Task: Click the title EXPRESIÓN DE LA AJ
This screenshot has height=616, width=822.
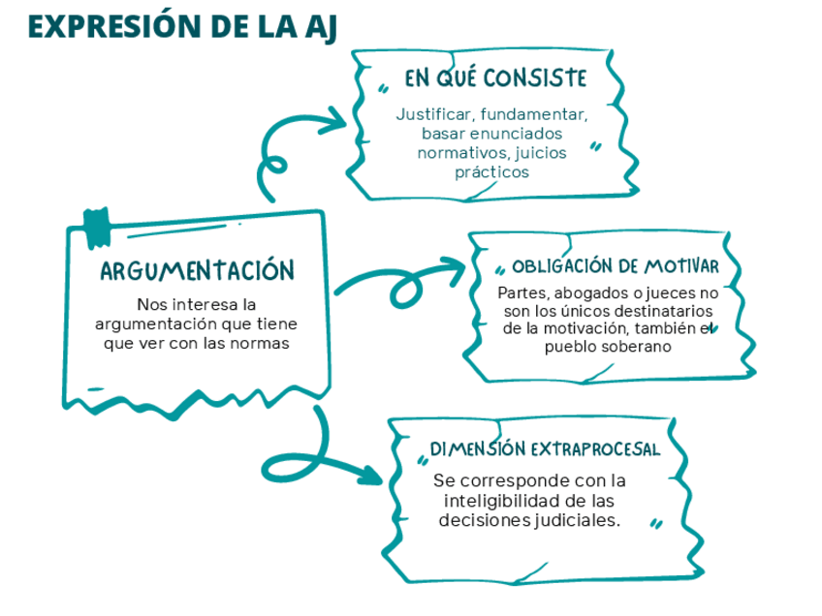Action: click(x=182, y=26)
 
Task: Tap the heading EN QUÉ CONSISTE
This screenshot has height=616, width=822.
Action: click(x=494, y=77)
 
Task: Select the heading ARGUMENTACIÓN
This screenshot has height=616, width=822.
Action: click(x=197, y=269)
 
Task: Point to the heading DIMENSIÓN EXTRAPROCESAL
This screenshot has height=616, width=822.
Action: click(x=545, y=449)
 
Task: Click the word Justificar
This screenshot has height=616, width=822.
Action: click(x=431, y=113)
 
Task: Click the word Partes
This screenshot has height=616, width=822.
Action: click(x=519, y=293)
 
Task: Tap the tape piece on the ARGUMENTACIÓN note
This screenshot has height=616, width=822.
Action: click(x=97, y=225)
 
